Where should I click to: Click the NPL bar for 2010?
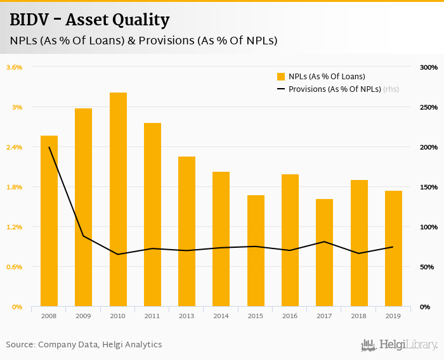point(118,200)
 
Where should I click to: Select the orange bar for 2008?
point(49,221)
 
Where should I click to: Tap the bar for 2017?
point(324,253)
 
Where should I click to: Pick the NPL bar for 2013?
point(186,231)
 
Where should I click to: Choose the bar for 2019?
point(393,248)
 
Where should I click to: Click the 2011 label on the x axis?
point(152,315)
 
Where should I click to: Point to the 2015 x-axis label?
point(256,315)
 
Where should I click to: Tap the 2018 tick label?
point(359,315)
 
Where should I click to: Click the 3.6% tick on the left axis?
point(15,67)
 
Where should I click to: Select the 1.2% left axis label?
point(15,227)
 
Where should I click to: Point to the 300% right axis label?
point(429,67)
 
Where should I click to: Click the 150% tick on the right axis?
point(429,187)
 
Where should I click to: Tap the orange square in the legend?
point(281,77)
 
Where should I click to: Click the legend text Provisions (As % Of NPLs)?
point(334,89)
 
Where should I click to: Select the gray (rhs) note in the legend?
point(391,89)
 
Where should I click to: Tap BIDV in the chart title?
point(30,20)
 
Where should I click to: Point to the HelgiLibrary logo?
point(400,345)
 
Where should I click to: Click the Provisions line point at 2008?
point(49,147)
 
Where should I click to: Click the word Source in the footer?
point(20,345)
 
